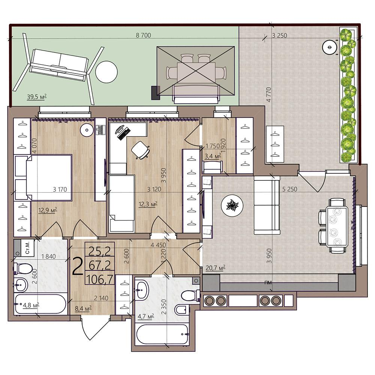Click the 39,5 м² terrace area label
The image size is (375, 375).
click(37, 97)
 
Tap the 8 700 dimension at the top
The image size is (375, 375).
click(143, 35)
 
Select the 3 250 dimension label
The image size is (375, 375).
click(280, 36)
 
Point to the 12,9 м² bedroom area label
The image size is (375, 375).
click(48, 210)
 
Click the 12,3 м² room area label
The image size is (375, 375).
click(148, 204)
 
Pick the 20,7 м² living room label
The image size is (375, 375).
click(216, 268)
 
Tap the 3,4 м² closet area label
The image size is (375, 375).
click(213, 156)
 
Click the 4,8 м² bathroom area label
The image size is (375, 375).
click(31, 305)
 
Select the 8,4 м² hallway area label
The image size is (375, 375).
click(83, 309)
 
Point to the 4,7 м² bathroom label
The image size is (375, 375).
click(145, 316)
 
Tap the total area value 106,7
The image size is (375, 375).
click(100, 279)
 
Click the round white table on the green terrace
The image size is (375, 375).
click(106, 72)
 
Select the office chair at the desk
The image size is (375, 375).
click(140, 150)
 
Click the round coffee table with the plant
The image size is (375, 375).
click(232, 205)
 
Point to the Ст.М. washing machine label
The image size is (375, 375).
click(27, 247)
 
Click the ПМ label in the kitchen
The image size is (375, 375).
click(268, 282)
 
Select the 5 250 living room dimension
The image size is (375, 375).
click(289, 189)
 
